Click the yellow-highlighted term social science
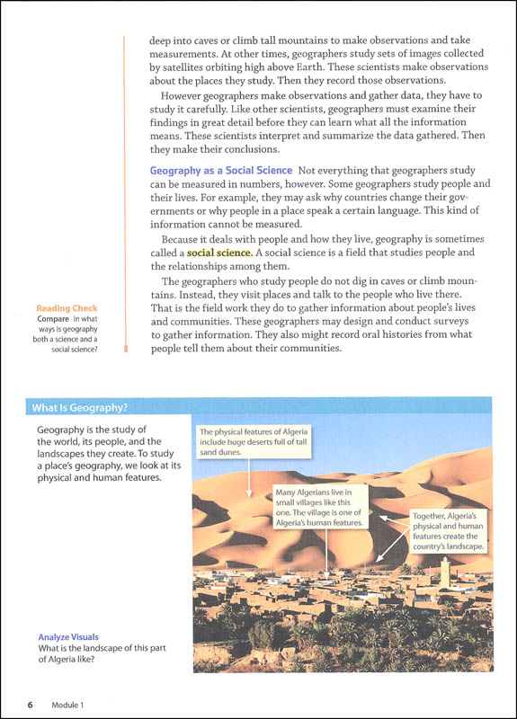[219, 253]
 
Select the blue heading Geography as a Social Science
[220, 170]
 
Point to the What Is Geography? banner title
[80, 408]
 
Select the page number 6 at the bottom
[30, 705]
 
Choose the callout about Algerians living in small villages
[320, 507]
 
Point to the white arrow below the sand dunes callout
[248, 477]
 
